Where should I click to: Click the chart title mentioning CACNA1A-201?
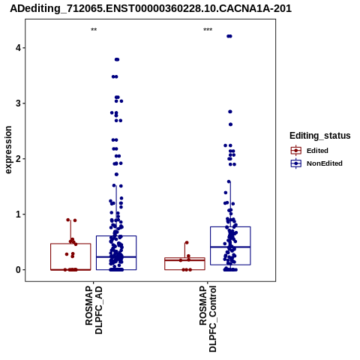(151, 9)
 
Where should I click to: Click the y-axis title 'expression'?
(8, 150)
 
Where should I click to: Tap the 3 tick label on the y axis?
(18, 103)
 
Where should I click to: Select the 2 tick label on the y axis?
(18, 158)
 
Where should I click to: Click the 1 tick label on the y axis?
(18, 214)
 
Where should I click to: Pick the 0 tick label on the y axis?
(18, 270)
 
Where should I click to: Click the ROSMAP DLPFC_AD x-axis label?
(94, 310)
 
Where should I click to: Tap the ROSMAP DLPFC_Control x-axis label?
(208, 319)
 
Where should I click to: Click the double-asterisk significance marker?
(94, 30)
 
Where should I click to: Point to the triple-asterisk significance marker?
(208, 30)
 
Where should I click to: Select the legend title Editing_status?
(320, 136)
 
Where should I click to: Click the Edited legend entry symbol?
(296, 151)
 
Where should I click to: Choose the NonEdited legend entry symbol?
(296, 163)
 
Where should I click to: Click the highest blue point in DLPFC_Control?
(229, 36)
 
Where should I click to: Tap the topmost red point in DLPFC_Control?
(187, 242)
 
